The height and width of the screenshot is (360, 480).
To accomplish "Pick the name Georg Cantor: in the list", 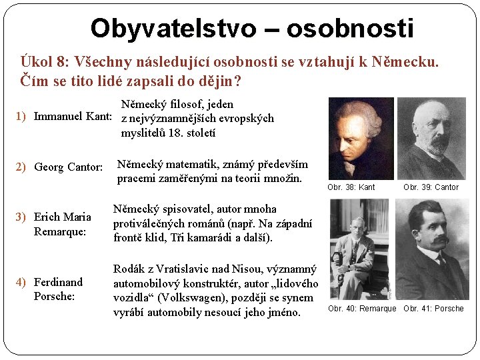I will pyautogui.click(x=68, y=167).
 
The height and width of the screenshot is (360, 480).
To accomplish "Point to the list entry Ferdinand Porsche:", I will pyautogui.click(x=58, y=289).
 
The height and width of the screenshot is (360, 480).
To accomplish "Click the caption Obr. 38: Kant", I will pyautogui.click(x=351, y=187).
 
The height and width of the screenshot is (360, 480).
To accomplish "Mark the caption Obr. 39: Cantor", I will pyautogui.click(x=431, y=187).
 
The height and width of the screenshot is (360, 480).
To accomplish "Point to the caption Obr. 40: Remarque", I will pyautogui.click(x=362, y=309).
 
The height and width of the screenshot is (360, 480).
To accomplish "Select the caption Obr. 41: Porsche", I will pyautogui.click(x=433, y=309).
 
